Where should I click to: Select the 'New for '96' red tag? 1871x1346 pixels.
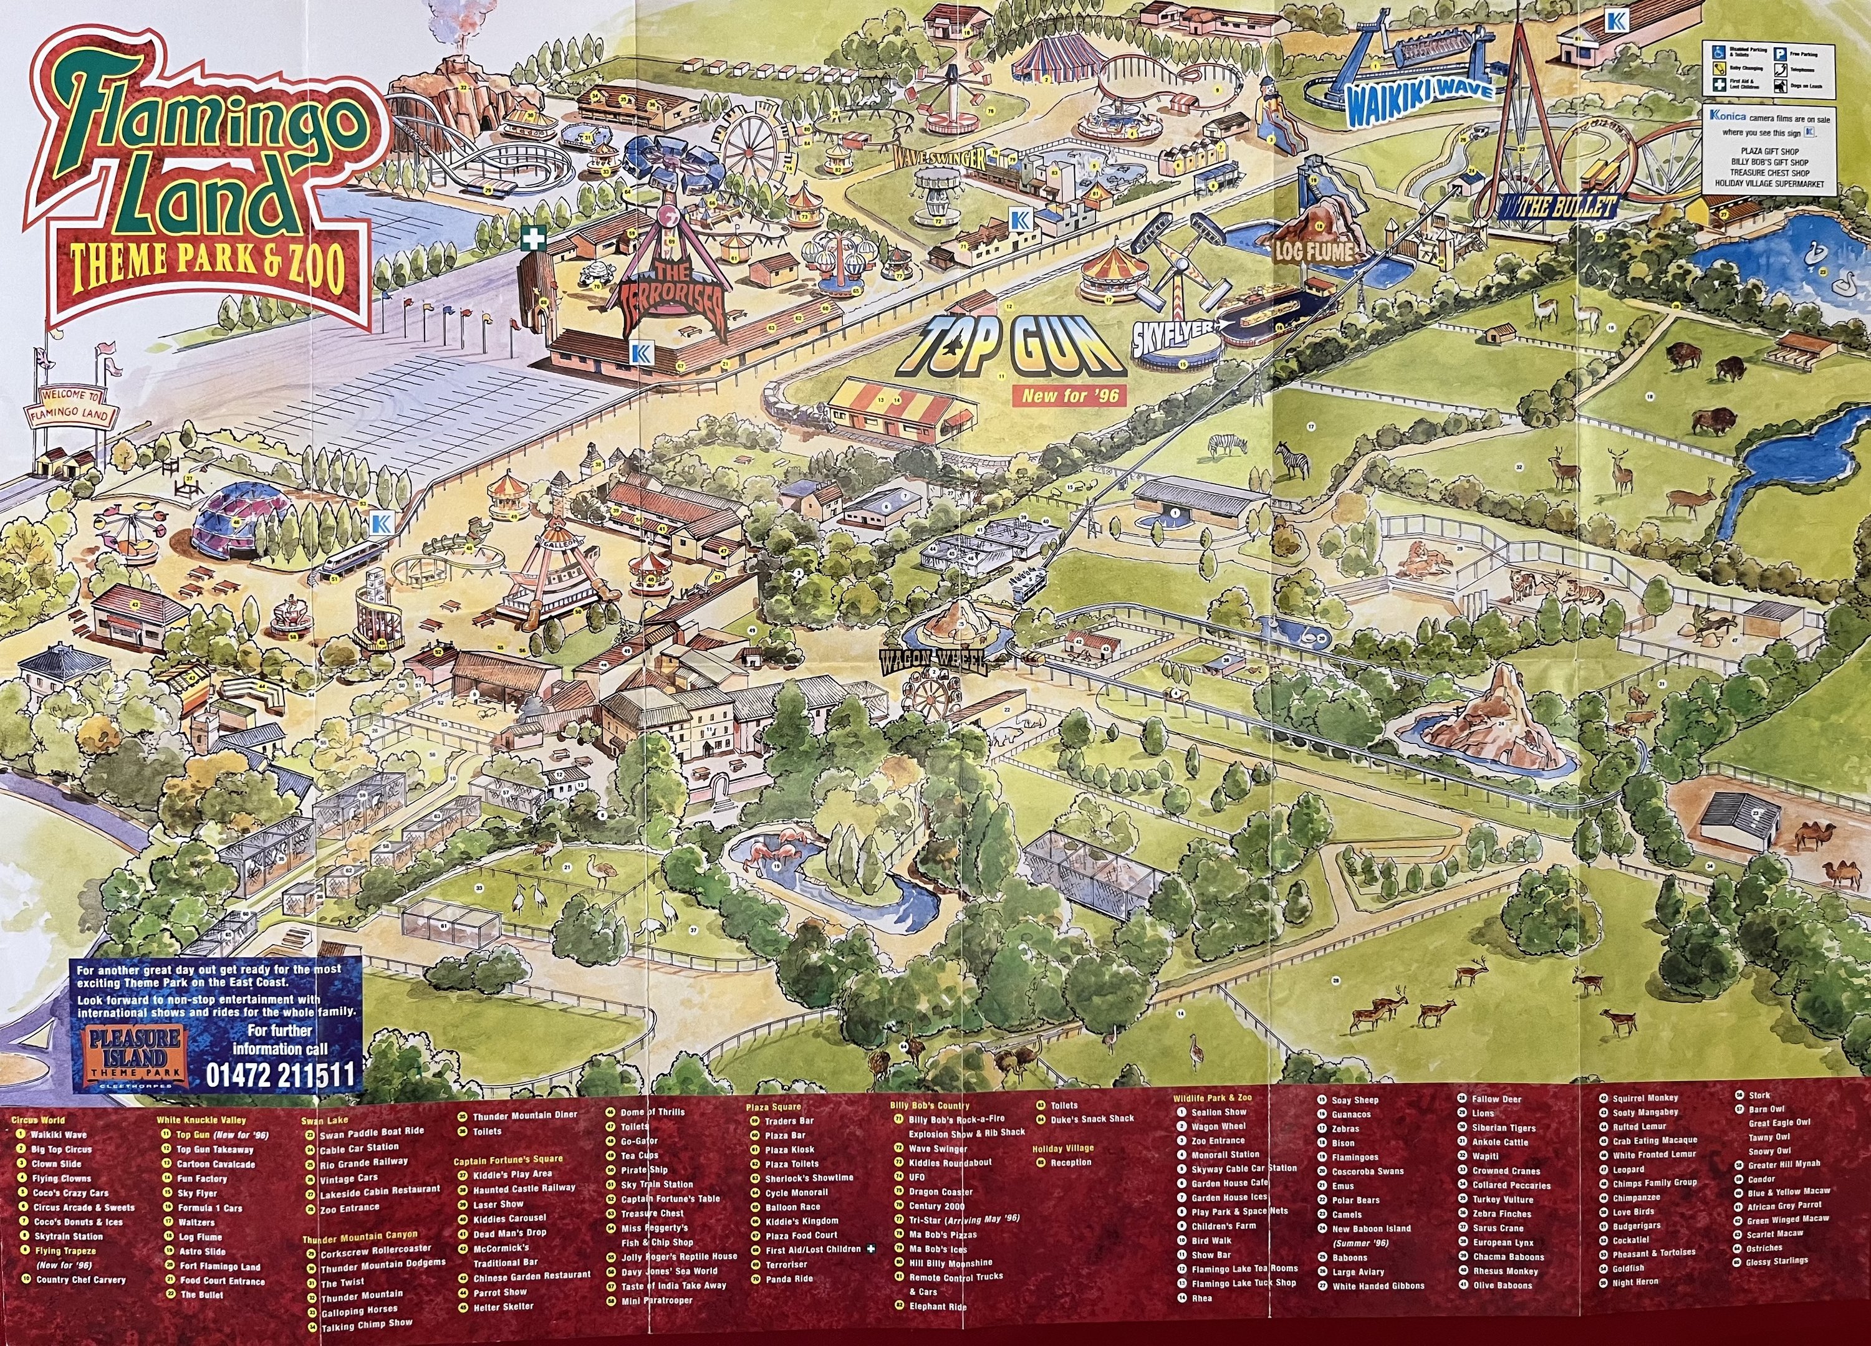1069,396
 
